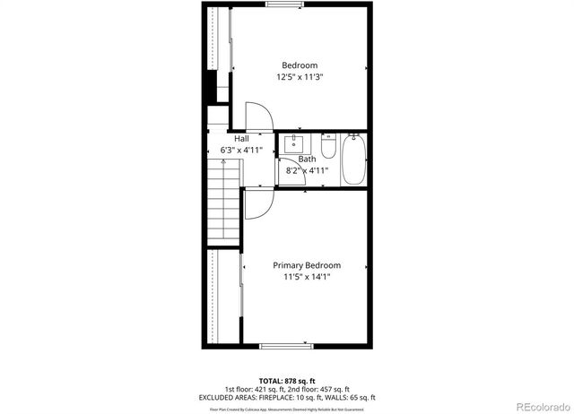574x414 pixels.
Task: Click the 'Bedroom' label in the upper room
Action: (300, 65)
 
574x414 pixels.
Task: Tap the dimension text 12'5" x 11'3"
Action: (300, 78)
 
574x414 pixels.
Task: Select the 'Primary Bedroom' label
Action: (307, 265)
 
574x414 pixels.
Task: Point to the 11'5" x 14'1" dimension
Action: (307, 278)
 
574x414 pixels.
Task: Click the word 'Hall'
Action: (242, 139)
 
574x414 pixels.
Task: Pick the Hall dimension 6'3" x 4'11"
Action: (242, 151)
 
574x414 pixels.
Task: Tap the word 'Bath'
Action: (307, 159)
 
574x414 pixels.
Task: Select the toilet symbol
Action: (328, 146)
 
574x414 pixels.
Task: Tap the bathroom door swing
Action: (293, 175)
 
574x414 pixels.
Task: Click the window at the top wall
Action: (283, 5)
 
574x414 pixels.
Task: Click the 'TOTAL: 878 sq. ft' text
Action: (287, 381)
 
